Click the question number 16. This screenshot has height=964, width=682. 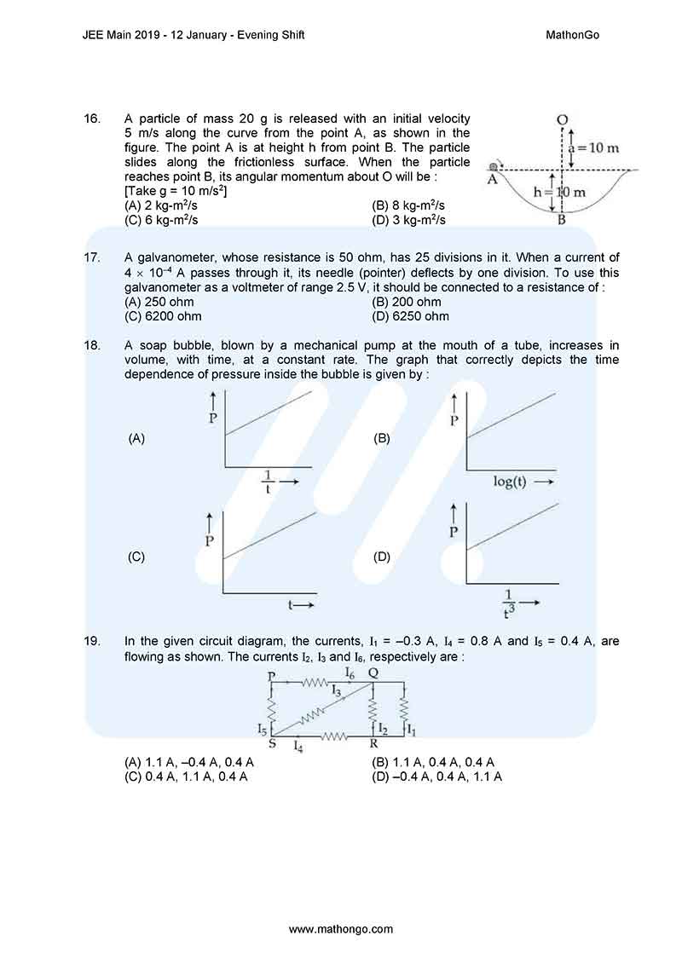[x=93, y=118]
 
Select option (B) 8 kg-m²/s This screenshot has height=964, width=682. [x=409, y=205]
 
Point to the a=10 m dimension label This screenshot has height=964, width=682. [x=594, y=148]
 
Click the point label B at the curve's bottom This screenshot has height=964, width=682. [x=562, y=221]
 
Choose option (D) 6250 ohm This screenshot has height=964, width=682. [x=411, y=316]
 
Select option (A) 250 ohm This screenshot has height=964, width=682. [x=159, y=302]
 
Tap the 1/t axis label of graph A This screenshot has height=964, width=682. [x=268, y=482]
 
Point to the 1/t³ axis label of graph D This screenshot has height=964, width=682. [x=510, y=602]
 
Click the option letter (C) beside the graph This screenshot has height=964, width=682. [x=136, y=557]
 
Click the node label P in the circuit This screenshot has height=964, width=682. [x=271, y=676]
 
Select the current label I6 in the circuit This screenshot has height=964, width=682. [x=350, y=672]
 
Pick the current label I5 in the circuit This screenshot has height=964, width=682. [x=262, y=729]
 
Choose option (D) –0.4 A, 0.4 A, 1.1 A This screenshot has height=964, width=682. [x=436, y=776]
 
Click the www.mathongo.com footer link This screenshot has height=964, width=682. [x=341, y=928]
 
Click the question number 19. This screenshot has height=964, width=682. [x=93, y=640]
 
